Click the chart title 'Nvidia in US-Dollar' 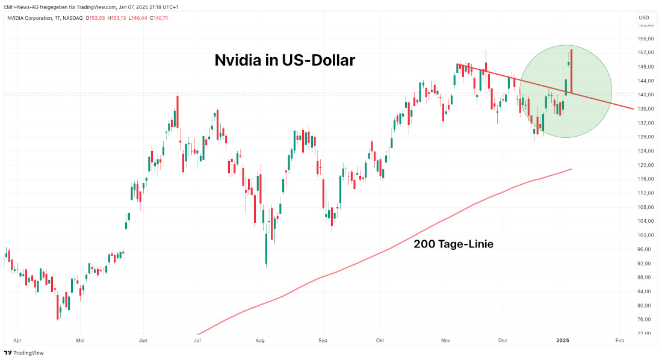pos(285,61)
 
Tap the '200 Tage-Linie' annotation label pos(454,244)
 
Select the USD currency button pos(643,17)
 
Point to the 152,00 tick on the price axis pos(645,52)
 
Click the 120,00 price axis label pos(645,164)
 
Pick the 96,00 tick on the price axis pos(645,249)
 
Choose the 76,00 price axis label pos(645,319)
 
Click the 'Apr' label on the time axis pos(17,340)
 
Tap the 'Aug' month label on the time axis pos(260,340)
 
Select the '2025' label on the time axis pos(563,340)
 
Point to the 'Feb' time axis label pos(619,340)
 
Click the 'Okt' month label pos(380,340)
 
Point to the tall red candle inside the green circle pos(571,71)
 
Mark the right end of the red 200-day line pos(571,169)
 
